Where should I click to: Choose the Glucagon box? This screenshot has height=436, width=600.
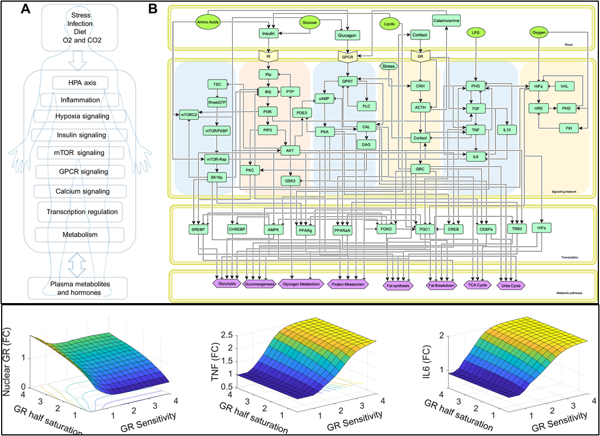(x=346, y=35)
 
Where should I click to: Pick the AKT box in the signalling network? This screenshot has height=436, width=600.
(x=290, y=150)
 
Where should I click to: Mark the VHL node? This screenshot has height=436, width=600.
(x=564, y=87)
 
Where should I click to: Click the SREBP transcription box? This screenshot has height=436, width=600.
(x=199, y=230)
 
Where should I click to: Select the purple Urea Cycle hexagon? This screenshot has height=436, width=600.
(x=513, y=285)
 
